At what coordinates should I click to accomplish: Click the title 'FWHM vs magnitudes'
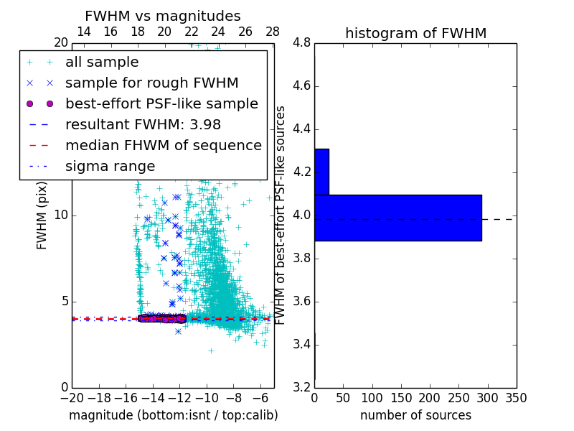[x=163, y=16]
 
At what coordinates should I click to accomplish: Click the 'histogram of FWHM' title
[x=415, y=33]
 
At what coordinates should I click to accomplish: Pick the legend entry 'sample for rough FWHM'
[x=151, y=83]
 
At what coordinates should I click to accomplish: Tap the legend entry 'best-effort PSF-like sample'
[x=161, y=103]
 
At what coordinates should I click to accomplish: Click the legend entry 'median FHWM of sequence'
[x=163, y=145]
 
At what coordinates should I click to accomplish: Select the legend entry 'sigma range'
[x=110, y=167]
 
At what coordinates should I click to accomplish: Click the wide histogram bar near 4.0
[x=397, y=218]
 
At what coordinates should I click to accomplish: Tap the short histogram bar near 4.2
[x=321, y=172]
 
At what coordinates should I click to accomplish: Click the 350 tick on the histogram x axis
[x=516, y=398]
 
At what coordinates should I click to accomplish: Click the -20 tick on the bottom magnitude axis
[x=72, y=398]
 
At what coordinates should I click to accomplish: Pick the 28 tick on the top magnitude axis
[x=273, y=32]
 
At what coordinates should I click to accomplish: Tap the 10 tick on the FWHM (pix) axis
[x=60, y=215]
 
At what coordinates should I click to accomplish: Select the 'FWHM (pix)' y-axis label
[x=42, y=215]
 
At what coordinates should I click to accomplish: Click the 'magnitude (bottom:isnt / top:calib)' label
[x=173, y=415]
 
